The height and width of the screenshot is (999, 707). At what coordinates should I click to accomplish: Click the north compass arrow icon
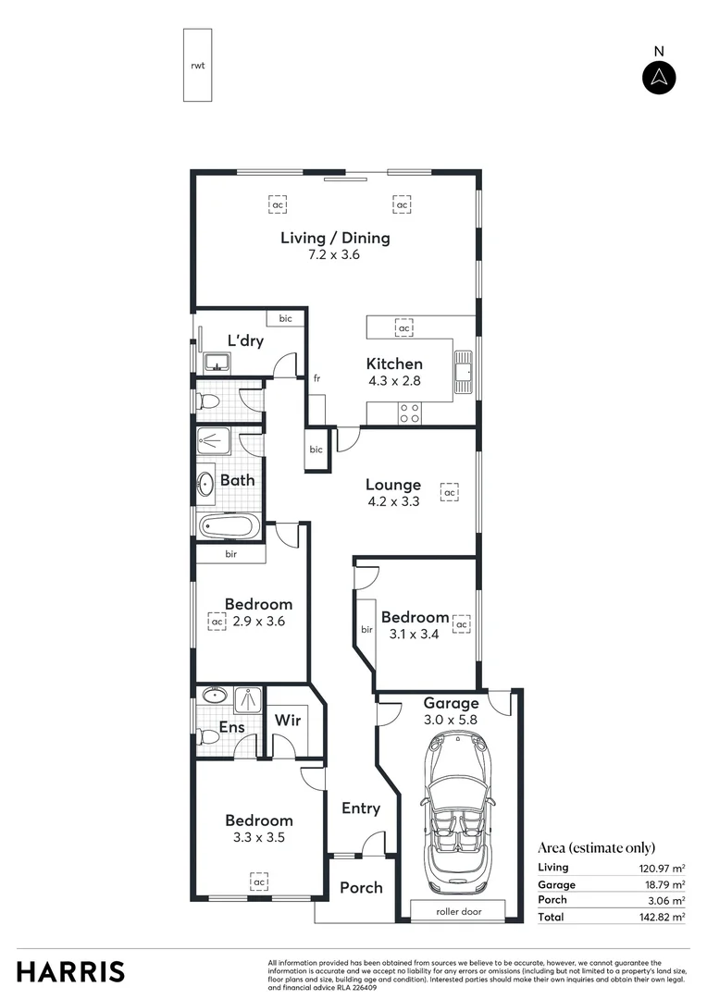658,78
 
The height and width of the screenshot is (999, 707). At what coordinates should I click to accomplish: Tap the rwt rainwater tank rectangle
197,65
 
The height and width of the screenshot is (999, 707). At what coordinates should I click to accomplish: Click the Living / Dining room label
335,238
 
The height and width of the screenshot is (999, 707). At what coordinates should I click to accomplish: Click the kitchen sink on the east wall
465,368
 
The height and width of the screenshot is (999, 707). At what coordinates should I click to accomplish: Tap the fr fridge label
316,378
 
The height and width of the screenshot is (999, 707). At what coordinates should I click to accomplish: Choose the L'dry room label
245,341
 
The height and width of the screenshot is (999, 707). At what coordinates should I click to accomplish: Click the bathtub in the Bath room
229,526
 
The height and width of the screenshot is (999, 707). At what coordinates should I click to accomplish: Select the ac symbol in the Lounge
450,493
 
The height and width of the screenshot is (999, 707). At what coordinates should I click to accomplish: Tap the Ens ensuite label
231,728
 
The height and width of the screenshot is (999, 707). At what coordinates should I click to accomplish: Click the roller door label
459,911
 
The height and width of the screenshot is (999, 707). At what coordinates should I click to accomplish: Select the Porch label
361,887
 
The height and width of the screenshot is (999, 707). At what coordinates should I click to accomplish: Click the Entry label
361,808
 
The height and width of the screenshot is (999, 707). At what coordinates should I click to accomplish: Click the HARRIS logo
70,971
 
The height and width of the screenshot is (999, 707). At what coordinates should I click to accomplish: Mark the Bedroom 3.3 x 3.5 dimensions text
259,838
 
